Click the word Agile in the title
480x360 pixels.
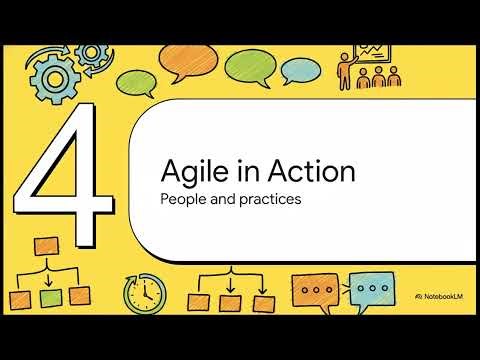point(191,172)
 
